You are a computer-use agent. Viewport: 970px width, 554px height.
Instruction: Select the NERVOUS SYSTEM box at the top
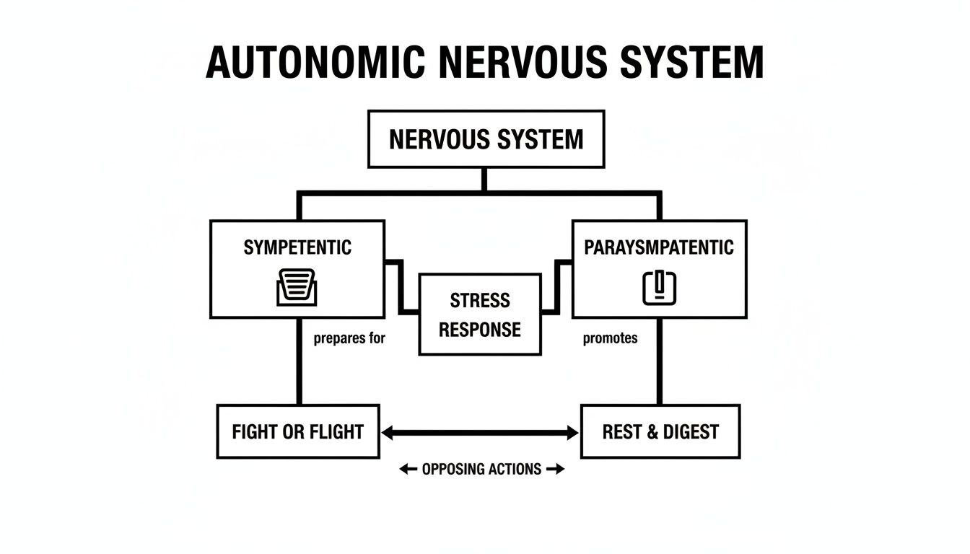coord(486,139)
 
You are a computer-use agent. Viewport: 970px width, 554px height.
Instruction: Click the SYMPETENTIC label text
coord(297,248)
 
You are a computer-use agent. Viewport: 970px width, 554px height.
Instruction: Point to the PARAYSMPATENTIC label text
coord(658,248)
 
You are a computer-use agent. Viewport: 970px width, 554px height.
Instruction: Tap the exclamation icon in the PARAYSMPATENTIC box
coord(660,287)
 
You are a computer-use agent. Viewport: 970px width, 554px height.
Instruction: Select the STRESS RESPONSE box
coord(480,315)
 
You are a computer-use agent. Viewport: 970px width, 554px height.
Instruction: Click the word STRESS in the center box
coord(480,300)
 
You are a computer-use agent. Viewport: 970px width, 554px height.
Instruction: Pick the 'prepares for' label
coord(349,338)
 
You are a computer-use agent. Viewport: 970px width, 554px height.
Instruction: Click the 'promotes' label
coord(610,338)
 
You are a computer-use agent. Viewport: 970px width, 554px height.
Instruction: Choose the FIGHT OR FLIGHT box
coord(297,432)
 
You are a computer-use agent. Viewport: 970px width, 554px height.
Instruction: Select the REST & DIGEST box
coord(660,432)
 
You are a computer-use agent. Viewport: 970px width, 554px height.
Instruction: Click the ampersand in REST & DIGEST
coord(652,432)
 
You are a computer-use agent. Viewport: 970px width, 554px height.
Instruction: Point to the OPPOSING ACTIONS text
coord(481,470)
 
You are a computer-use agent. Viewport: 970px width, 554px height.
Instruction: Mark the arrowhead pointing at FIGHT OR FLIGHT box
coord(387,433)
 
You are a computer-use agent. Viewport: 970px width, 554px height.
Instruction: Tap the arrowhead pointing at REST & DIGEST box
coord(573,433)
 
